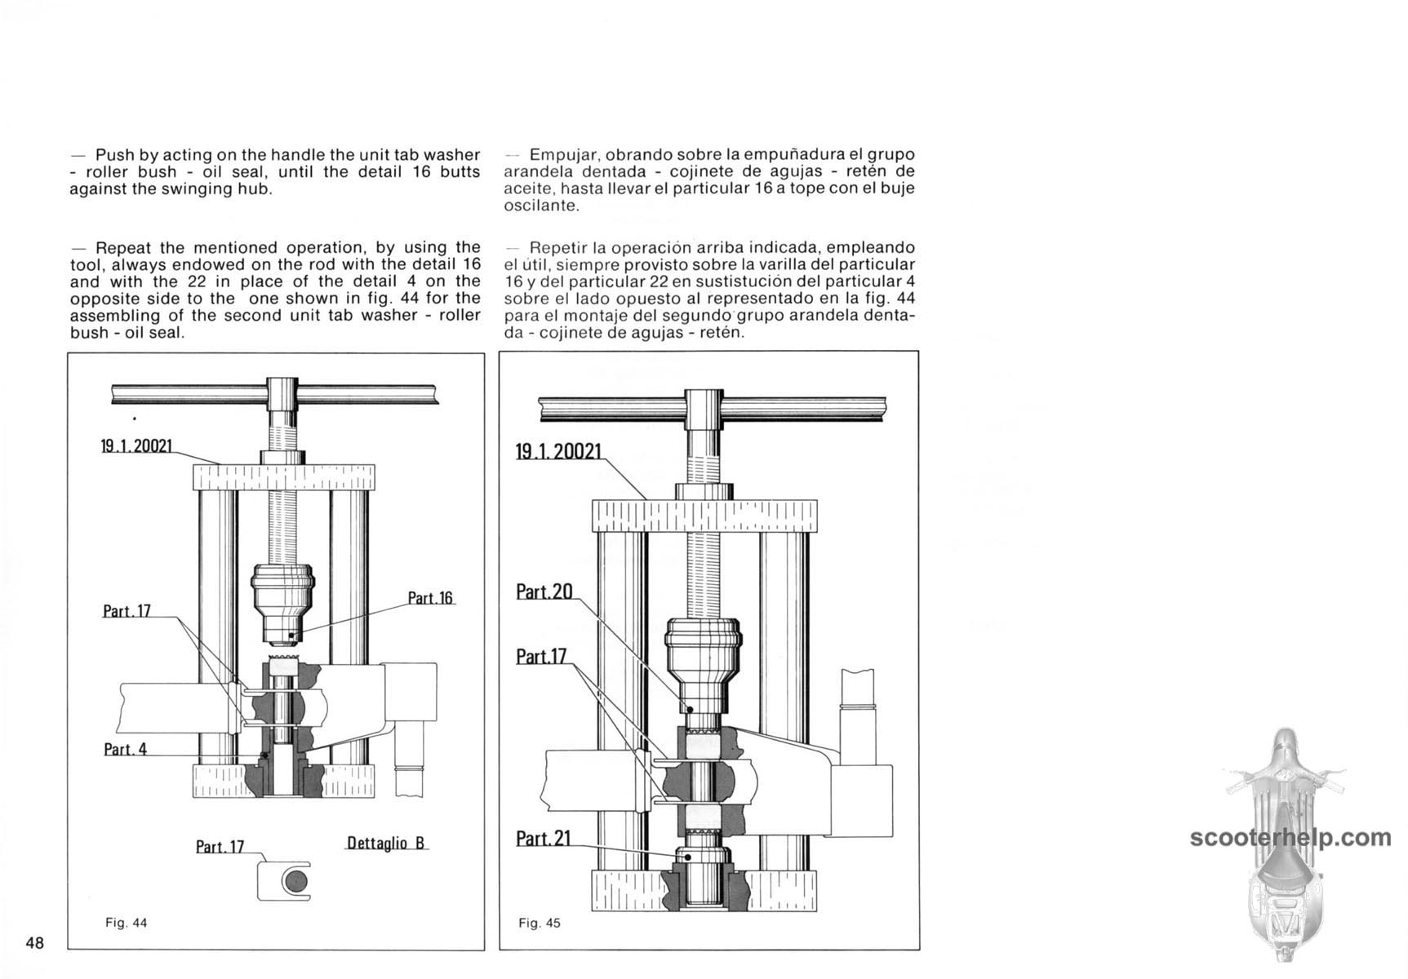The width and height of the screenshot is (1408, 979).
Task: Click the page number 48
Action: [35, 943]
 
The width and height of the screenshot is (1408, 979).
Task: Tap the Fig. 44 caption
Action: [126, 923]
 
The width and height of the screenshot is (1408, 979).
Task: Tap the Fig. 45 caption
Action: [540, 924]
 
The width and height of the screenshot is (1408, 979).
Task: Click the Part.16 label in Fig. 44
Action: [430, 598]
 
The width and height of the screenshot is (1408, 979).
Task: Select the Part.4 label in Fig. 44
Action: [125, 749]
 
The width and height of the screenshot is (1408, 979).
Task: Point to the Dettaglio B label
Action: [386, 843]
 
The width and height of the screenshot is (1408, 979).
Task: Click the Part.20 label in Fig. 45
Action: [544, 591]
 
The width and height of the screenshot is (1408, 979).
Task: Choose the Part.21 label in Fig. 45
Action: [544, 838]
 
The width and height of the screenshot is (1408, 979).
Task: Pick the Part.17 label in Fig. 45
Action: [542, 656]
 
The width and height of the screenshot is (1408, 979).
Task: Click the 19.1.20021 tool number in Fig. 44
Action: [136, 446]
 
